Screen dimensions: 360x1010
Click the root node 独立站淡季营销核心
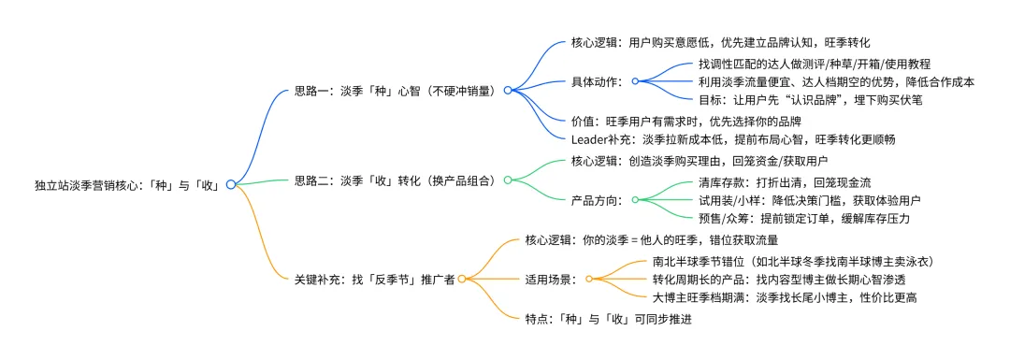126,185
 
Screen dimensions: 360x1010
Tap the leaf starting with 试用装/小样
804,199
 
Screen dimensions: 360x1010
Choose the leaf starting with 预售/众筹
804,218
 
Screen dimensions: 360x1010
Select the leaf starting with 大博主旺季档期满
784,297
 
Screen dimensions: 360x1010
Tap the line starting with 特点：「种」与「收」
608,318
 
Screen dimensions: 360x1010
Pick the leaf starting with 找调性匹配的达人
814,64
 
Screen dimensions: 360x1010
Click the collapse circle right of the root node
230,185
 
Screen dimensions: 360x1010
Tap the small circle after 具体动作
634,81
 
